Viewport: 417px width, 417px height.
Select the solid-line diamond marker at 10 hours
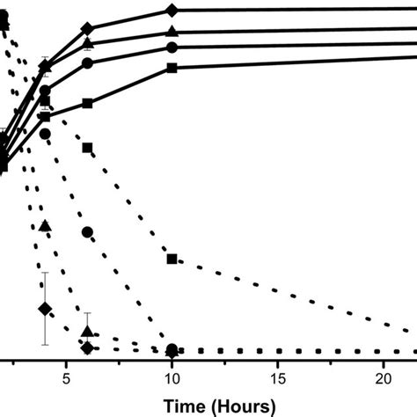[172, 11]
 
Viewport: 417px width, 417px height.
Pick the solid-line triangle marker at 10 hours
[172, 32]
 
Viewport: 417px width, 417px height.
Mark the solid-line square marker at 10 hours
[172, 68]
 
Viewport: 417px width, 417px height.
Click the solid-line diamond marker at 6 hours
[87, 29]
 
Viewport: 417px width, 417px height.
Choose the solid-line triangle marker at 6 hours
[87, 43]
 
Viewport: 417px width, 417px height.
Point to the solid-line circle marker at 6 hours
[87, 63]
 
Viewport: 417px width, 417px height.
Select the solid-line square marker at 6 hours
[87, 104]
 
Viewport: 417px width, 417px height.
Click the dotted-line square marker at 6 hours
[87, 148]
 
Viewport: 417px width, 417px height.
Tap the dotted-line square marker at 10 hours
[172, 259]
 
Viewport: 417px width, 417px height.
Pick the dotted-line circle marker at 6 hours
[87, 231]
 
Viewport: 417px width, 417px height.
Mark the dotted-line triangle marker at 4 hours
[45, 226]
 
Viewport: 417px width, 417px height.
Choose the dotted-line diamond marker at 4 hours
[45, 309]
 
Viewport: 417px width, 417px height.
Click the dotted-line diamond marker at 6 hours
[87, 348]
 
